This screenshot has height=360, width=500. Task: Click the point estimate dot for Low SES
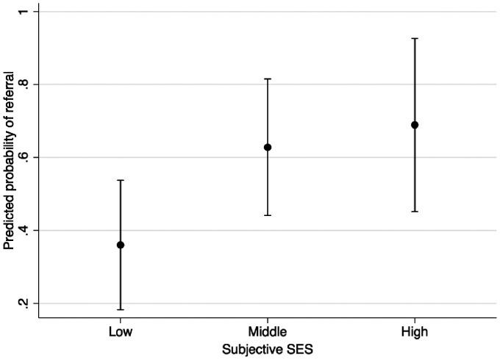pos(121,245)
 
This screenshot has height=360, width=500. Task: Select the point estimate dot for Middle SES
pos(268,147)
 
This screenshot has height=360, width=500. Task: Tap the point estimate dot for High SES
pos(415,125)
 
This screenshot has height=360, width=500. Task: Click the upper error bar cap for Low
pos(121,180)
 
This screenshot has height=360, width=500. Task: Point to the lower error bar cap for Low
pos(121,309)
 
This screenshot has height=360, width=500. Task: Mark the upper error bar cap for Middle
pos(268,79)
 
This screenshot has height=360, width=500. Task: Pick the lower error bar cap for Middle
pos(268,215)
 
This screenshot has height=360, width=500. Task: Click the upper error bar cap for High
pos(415,38)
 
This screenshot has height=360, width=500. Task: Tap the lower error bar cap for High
pos(415,212)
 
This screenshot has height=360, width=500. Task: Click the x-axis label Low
pos(121,331)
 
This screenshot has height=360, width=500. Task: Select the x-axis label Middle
pos(268,331)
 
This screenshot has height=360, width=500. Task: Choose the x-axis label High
pos(415,331)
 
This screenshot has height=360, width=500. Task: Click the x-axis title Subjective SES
pos(268,350)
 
